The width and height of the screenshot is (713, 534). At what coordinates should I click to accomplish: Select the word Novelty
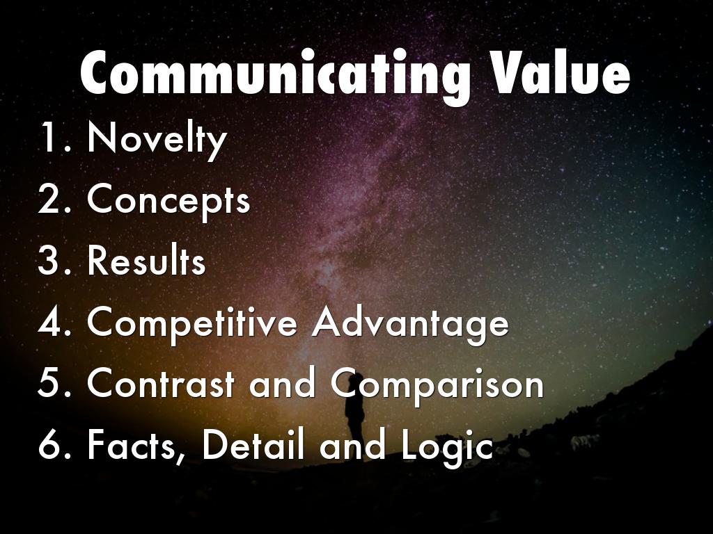coord(157,138)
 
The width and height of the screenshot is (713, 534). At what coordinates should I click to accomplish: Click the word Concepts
coord(168,200)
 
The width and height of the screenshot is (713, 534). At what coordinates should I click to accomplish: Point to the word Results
coord(146,261)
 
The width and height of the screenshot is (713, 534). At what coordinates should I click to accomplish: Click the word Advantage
coord(410,323)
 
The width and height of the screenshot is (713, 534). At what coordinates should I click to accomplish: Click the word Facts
coord(136,446)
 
